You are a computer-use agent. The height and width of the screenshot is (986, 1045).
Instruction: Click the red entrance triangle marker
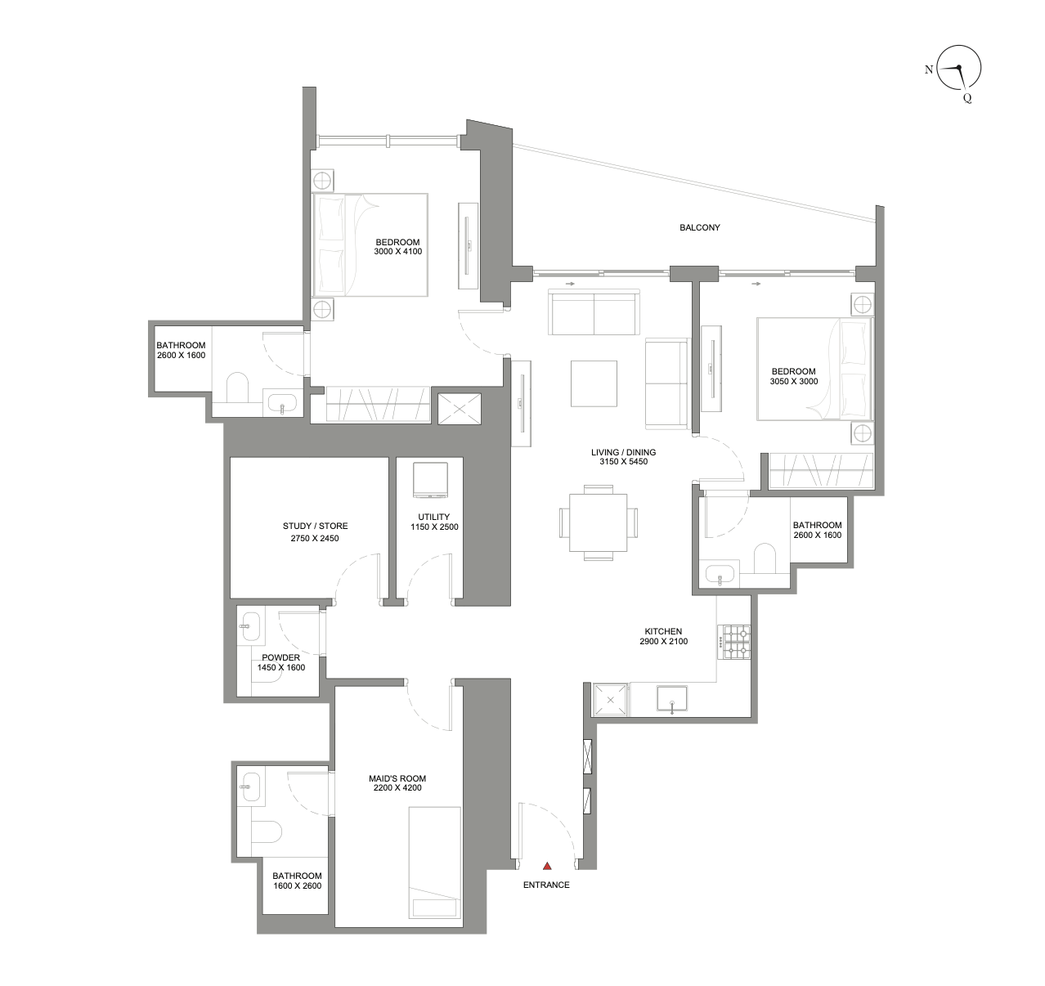tap(547, 866)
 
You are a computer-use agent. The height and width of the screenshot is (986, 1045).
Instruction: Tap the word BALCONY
tap(700, 227)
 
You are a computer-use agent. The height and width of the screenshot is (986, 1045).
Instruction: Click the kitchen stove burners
tap(733, 642)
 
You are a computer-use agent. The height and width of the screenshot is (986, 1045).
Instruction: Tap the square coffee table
tap(594, 383)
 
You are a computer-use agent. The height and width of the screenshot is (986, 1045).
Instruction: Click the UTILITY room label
tap(433, 517)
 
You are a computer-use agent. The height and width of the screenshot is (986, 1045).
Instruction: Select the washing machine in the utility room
tap(430, 481)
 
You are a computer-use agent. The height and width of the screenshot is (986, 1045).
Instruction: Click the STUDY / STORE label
tap(315, 526)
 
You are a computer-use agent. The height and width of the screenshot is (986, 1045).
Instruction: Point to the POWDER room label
tap(280, 657)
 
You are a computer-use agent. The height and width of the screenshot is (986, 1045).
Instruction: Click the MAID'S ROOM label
tap(397, 778)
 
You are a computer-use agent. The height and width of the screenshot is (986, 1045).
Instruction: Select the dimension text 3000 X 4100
tap(397, 252)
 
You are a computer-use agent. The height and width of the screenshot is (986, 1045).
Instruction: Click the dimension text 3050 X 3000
tap(793, 382)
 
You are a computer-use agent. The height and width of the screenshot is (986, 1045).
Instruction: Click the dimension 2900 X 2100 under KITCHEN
tap(663, 642)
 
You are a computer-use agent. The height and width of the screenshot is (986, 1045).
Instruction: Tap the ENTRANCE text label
tap(546, 885)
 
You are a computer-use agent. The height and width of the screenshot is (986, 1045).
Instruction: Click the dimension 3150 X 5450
tap(623, 462)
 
